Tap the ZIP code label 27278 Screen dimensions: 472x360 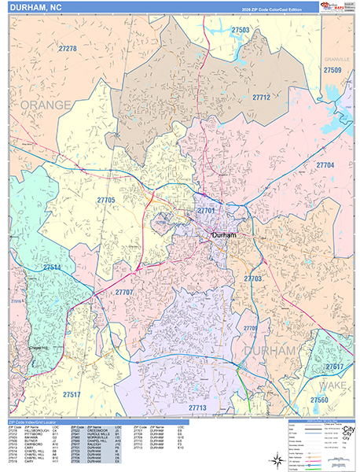[x=68, y=49]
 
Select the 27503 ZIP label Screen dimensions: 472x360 [x=241, y=30]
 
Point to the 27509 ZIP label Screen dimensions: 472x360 [x=332, y=70]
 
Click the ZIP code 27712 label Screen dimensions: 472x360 [x=261, y=98]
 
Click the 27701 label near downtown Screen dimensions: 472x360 [x=207, y=212]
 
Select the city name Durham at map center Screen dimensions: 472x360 [x=225, y=235]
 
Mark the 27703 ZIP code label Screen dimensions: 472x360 [x=252, y=278]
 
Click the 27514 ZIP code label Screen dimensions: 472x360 [x=52, y=267]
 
